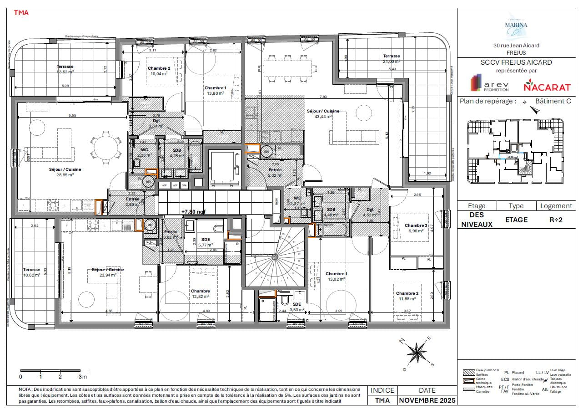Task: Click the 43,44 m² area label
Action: [x=322, y=116]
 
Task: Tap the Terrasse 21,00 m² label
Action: [x=391, y=59]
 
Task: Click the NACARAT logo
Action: [x=541, y=85]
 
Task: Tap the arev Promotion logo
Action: [x=488, y=85]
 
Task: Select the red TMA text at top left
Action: [x=21, y=13]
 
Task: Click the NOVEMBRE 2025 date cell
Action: [x=427, y=400]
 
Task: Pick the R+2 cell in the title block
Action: [x=557, y=220]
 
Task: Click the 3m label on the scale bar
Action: [x=82, y=377]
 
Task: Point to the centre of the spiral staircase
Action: [x=275, y=257]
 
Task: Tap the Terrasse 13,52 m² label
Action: [x=65, y=69]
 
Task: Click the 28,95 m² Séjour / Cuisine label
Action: [x=65, y=172]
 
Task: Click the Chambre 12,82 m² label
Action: [x=200, y=293]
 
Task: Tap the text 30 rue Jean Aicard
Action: [x=516, y=45]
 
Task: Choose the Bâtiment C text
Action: [x=553, y=101]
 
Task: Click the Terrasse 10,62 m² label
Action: [x=32, y=272]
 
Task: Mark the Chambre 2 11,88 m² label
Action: [x=407, y=296]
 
